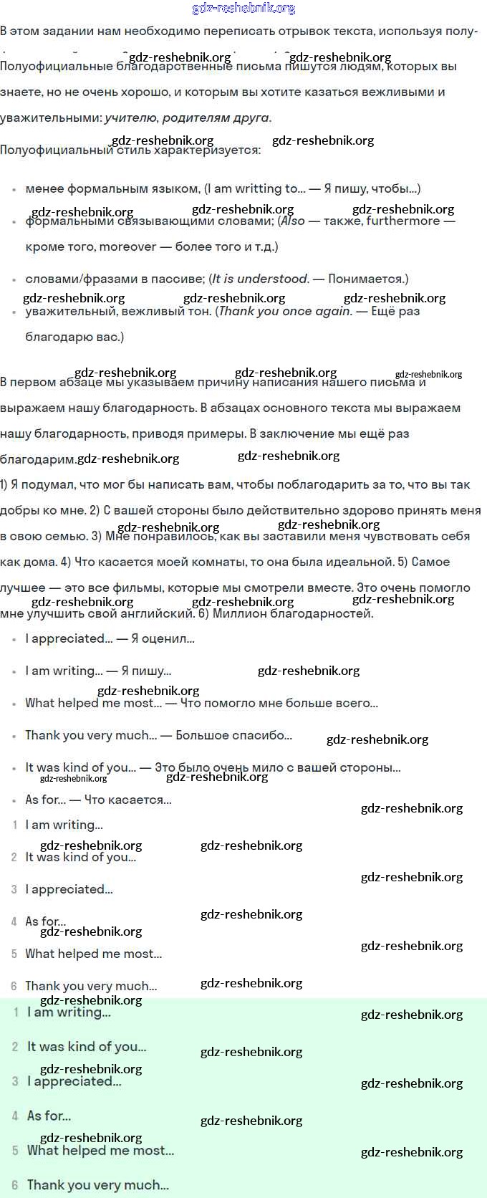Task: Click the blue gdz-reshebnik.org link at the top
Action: [x=243, y=9]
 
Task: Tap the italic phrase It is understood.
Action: [x=261, y=279]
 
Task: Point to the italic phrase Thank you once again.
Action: [x=285, y=311]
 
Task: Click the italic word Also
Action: [x=293, y=221]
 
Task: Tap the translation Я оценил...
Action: [x=163, y=638]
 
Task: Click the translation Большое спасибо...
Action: [x=233, y=735]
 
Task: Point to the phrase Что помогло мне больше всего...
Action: [x=279, y=703]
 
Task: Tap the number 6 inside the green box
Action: [x=14, y=1185]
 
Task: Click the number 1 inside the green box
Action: [x=16, y=1012]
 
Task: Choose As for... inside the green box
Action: [x=49, y=1116]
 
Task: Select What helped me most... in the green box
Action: [x=100, y=1150]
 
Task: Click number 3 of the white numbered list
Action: [x=14, y=889]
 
